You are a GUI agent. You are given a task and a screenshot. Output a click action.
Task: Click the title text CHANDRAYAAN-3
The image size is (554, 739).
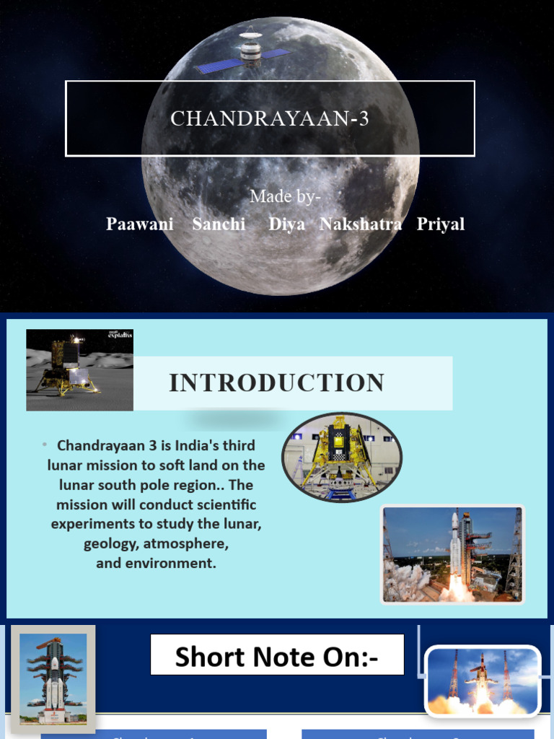point(270,118)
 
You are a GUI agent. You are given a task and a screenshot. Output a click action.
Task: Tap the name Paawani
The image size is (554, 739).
point(140,224)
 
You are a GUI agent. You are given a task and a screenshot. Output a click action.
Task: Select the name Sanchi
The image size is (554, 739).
point(219,224)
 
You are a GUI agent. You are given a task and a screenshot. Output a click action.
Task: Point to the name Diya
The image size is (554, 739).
point(286,224)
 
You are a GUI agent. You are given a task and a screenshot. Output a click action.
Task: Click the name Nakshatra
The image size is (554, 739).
point(361,224)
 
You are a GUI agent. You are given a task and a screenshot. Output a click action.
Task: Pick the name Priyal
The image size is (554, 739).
point(441,224)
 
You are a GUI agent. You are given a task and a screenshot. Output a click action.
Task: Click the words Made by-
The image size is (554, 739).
point(285,196)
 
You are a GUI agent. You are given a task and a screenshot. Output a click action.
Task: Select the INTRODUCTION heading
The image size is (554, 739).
point(277,383)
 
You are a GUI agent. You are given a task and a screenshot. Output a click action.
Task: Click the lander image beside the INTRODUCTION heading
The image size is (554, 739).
point(79,369)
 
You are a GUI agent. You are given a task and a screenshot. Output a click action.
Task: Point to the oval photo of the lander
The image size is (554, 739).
point(341,458)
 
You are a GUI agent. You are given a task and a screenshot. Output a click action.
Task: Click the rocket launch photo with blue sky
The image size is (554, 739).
point(452,554)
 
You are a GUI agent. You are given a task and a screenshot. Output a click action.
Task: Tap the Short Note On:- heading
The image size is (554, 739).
point(277,657)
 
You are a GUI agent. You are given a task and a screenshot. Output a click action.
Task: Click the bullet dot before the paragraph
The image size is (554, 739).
point(44,444)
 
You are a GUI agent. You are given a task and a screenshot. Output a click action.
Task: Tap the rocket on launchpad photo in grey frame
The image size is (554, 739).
point(53,678)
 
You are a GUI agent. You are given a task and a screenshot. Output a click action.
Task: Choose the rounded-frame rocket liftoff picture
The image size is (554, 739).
point(482,681)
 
